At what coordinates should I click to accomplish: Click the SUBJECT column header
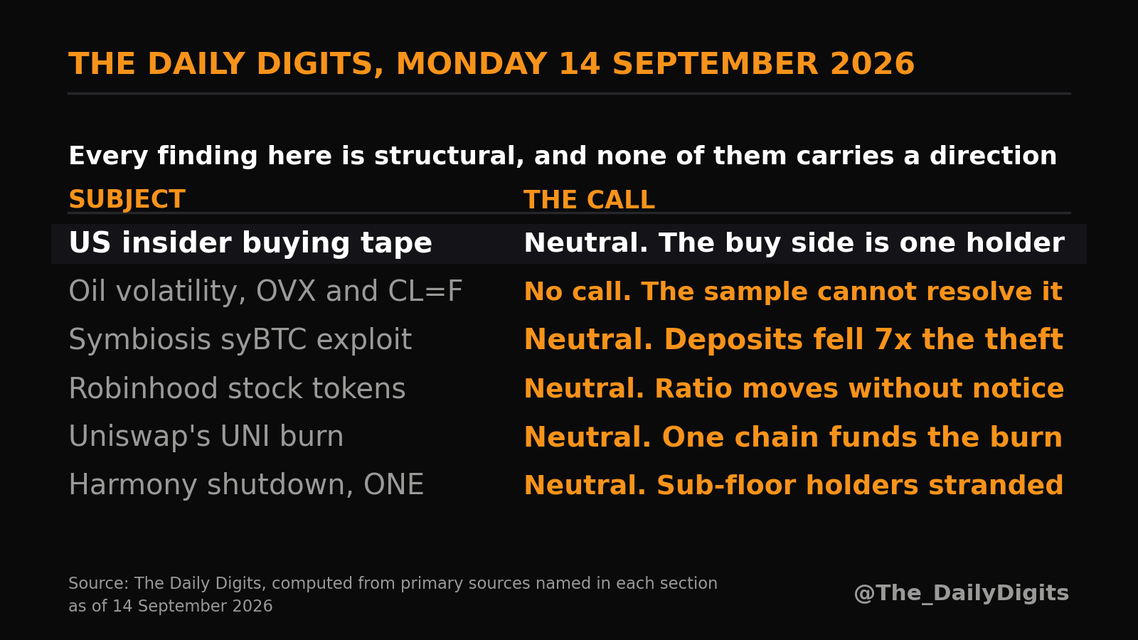[x=127, y=199]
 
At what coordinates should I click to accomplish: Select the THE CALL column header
[x=590, y=199]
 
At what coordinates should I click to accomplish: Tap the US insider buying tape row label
[x=250, y=242]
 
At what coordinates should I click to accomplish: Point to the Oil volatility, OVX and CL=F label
[x=265, y=291]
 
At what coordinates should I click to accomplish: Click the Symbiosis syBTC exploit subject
[x=240, y=339]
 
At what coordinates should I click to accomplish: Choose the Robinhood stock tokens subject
[x=237, y=388]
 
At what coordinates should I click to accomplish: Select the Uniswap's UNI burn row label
[x=206, y=437]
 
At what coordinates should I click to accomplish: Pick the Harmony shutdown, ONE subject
[x=246, y=484]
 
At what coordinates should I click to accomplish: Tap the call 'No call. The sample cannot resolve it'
[x=793, y=291]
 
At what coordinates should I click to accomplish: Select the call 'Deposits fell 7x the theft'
[x=863, y=339]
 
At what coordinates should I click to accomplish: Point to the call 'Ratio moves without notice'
[x=859, y=388]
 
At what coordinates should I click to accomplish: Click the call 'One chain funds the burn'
[x=862, y=437]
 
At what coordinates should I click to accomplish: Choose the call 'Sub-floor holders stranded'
[x=860, y=484]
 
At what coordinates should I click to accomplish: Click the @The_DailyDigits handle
[x=961, y=593]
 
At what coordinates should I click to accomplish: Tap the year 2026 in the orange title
[x=872, y=64]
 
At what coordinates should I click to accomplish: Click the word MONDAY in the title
[x=472, y=64]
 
